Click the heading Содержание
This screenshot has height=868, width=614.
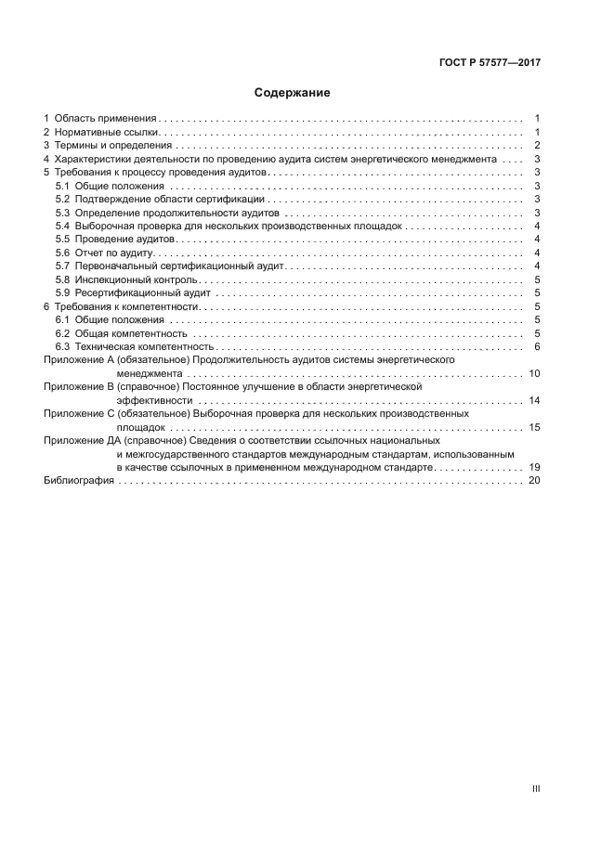coord(293,93)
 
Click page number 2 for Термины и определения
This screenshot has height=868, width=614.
coord(538,146)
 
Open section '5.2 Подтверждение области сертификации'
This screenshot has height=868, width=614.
coord(160,200)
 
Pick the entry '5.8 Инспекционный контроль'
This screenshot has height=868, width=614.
coord(126,279)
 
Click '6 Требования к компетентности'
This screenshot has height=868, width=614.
coord(122,306)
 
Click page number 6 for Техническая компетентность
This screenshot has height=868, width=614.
coord(538,346)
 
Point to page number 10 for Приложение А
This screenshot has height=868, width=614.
coord(534,373)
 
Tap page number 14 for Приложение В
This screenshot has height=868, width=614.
coord(534,400)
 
